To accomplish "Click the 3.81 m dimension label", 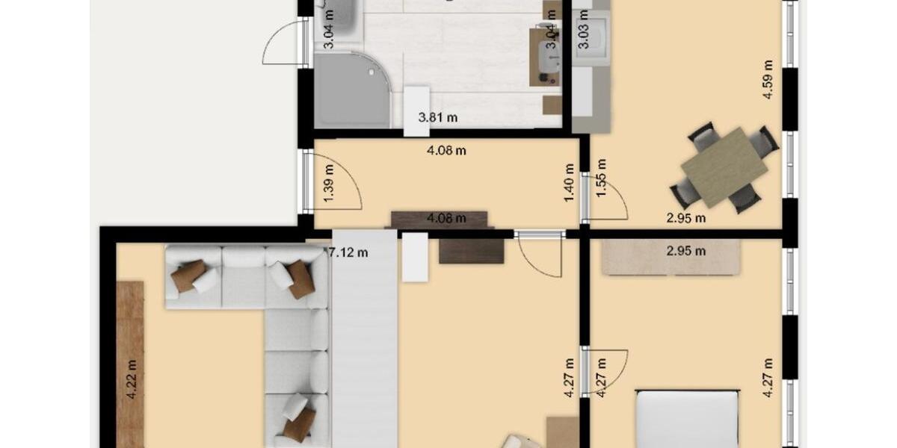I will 438,117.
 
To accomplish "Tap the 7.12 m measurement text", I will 348,252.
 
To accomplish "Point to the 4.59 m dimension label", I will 767,80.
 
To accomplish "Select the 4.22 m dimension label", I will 132,379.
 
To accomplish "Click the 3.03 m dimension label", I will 583,34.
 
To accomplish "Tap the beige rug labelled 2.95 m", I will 673,258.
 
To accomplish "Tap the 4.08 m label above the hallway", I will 446,150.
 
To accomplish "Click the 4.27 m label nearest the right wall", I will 767,378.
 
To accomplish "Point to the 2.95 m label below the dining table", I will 686,219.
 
